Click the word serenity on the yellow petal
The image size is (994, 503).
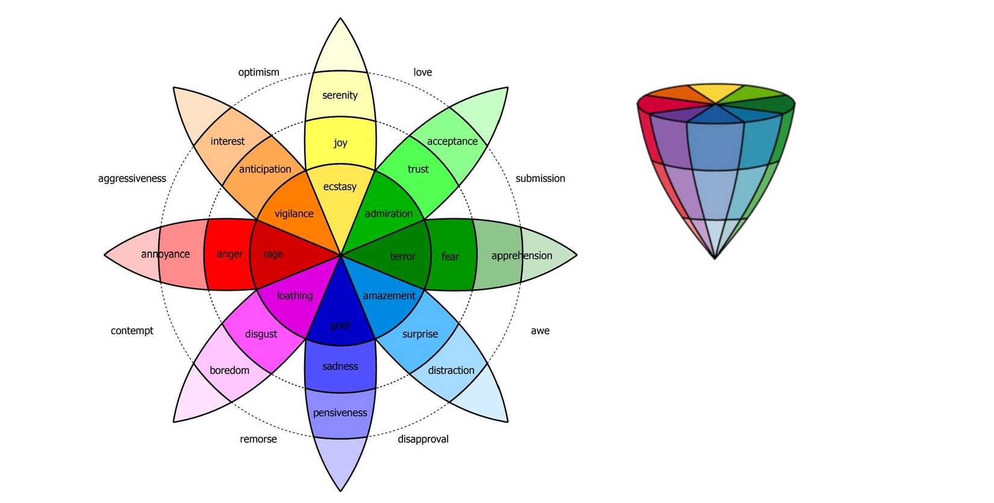tap(340, 95)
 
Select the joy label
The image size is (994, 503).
tap(340, 143)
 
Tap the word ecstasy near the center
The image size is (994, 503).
tap(340, 187)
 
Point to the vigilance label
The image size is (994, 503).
tap(294, 214)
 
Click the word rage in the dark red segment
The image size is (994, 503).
tap(273, 255)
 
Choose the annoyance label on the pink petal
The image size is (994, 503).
tap(166, 254)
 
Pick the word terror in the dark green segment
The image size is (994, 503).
tap(402, 256)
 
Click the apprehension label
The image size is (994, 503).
tap(522, 256)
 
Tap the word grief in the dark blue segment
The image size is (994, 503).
tap(340, 326)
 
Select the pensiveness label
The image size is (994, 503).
tap(340, 413)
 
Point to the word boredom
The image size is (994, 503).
tap(230, 370)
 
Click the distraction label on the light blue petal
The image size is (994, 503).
tap(451, 370)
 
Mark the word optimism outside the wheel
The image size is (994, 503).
tap(259, 72)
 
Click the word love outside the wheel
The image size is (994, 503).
tap(423, 72)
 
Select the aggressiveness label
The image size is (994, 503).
tap(132, 179)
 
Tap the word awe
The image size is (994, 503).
tap(540, 331)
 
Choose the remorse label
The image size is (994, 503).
tap(258, 439)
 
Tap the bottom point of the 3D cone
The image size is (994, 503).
tap(715, 258)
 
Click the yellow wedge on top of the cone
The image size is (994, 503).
tap(716, 93)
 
